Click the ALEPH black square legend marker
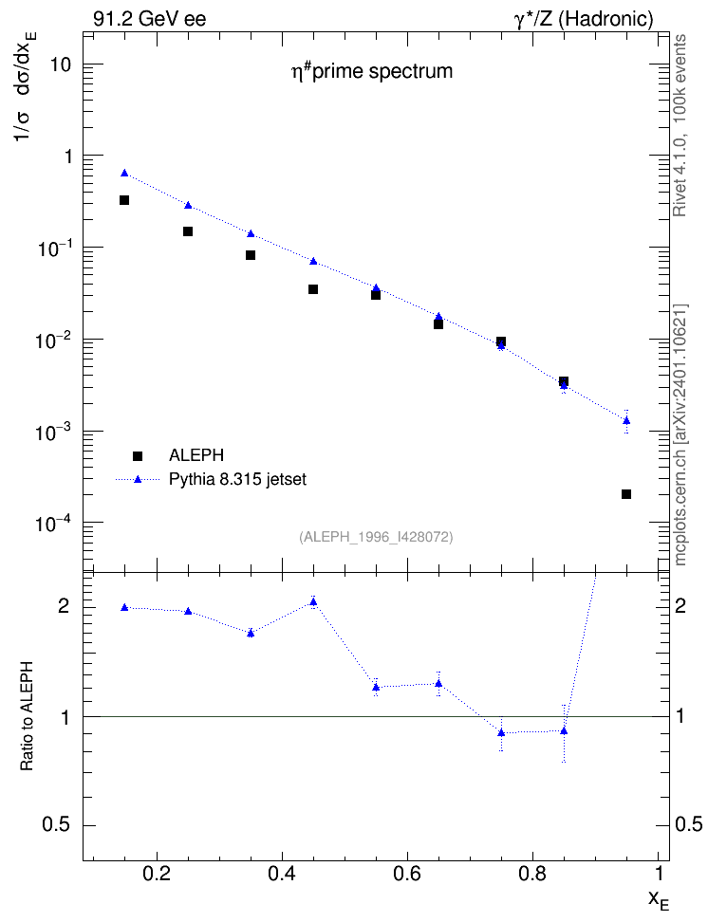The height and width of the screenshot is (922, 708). (x=138, y=455)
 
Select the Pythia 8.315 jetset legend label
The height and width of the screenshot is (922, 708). (x=238, y=479)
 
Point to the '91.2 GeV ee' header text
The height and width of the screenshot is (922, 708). (x=150, y=19)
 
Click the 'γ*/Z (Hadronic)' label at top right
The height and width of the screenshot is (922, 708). (x=584, y=19)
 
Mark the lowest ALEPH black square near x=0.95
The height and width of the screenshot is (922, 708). (x=626, y=494)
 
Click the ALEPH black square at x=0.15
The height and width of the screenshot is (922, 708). (x=124, y=200)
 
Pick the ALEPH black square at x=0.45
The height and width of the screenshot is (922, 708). (x=313, y=289)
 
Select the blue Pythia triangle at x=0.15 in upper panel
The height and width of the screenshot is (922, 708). (x=124, y=173)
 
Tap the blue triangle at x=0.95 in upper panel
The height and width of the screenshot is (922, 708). (x=626, y=420)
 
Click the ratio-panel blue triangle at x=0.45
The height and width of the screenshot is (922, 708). (x=313, y=601)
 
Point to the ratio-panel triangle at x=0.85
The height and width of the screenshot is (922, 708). (x=564, y=731)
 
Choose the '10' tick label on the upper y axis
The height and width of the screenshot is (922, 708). (x=60, y=65)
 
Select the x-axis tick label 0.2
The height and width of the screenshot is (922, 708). (x=157, y=874)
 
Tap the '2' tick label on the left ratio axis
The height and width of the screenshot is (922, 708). (x=64, y=606)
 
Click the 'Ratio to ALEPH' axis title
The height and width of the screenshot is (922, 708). (x=28, y=716)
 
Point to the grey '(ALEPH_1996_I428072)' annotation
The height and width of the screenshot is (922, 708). (x=376, y=537)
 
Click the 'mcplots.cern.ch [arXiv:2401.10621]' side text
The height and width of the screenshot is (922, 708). (x=680, y=435)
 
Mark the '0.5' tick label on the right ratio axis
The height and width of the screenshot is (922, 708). (x=689, y=825)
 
